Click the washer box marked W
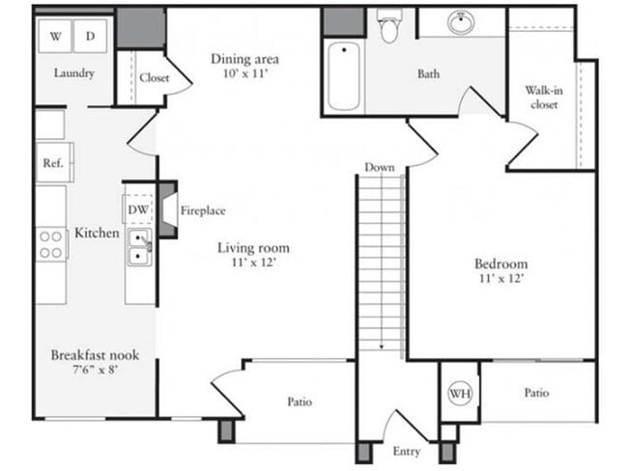(55, 37)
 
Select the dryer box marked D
(91, 37)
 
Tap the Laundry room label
(73, 73)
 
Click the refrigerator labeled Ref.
(52, 163)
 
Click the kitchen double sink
(140, 247)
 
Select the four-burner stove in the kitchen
(51, 244)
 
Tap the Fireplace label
(203, 210)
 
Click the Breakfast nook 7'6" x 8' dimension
(89, 368)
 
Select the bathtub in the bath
(344, 77)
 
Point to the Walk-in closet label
(542, 97)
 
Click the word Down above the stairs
(380, 167)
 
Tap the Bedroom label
(500, 263)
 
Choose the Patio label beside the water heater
(537, 393)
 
